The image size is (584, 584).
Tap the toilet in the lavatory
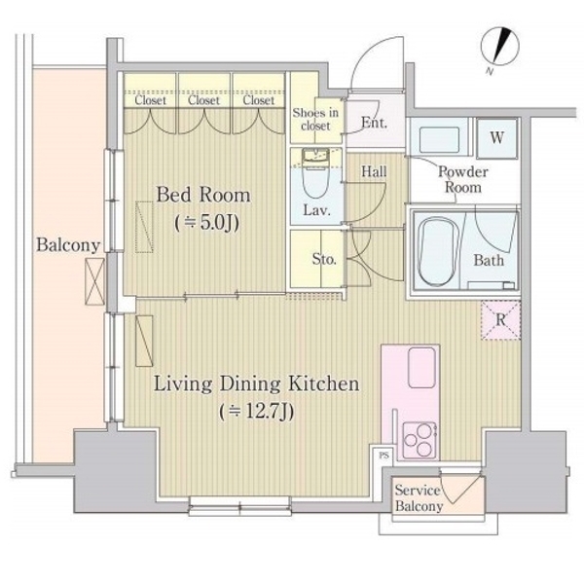point(315,173)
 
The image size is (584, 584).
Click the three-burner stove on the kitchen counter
point(420,440)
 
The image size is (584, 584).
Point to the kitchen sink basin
point(421,368)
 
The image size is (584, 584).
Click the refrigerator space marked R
point(500,320)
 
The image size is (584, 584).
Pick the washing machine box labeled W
point(497,138)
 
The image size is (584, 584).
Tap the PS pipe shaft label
point(383,456)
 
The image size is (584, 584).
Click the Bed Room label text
point(203,195)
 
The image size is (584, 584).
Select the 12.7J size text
point(257,412)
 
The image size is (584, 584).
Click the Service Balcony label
point(419,498)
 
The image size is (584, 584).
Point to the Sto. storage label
point(324,259)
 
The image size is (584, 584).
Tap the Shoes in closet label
point(315,119)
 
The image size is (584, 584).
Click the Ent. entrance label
point(375,123)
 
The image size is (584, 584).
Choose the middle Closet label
point(203,100)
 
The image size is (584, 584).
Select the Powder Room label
point(463,179)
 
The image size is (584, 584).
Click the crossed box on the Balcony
point(95,281)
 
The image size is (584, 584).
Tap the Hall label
point(374,171)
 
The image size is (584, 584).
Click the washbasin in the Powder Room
point(439,139)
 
